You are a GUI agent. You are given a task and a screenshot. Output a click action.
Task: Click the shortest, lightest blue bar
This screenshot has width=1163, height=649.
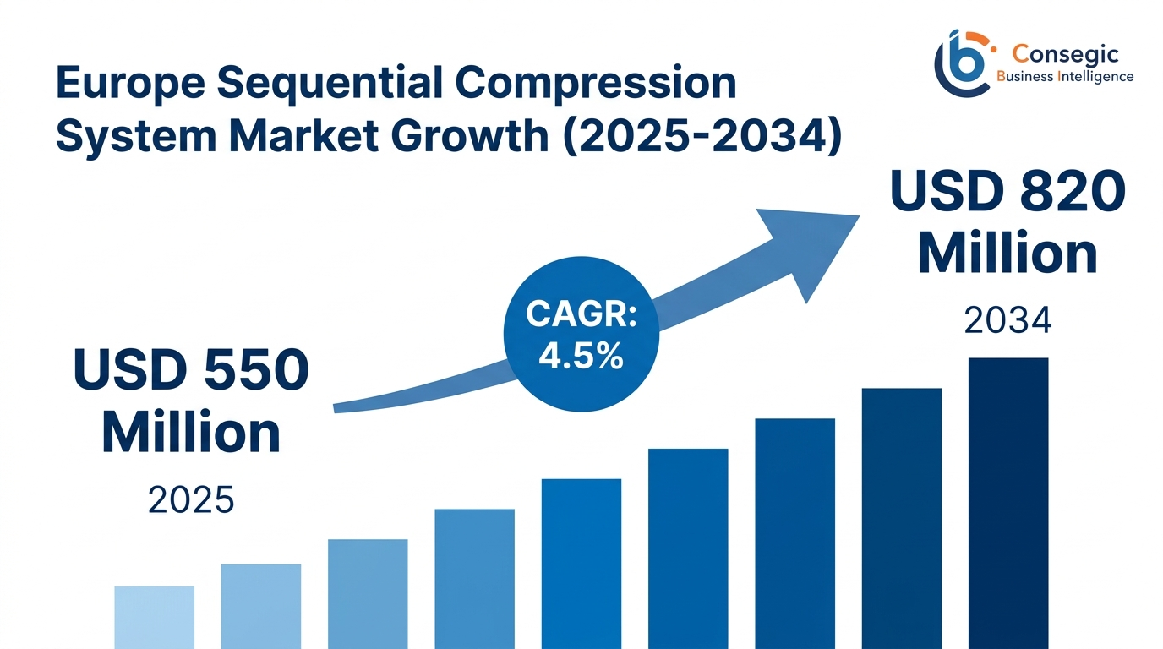pos(154,617)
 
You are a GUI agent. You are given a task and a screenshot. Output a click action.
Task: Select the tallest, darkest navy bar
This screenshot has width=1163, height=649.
pos(1007,503)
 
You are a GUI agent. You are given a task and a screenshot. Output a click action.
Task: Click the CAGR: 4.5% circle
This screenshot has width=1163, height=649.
pos(580,334)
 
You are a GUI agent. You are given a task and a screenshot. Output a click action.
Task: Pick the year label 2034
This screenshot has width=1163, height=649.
pos(1007,321)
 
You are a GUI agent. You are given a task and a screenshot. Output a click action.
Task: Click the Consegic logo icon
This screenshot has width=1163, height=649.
pos(962,61)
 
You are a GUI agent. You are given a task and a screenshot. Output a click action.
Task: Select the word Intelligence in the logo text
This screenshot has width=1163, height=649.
pos(1096,77)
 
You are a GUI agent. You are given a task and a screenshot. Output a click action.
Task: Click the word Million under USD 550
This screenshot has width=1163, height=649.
pos(191,433)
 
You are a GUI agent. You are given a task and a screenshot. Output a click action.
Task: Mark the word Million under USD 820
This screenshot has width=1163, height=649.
pos(1007,254)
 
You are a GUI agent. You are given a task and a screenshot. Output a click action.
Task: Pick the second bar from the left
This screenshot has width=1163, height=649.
pos(260,606)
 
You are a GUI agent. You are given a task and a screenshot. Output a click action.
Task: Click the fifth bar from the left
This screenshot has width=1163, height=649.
pos(581,564)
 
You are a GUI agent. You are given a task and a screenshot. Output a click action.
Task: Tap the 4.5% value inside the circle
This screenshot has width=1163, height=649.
pos(580,356)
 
